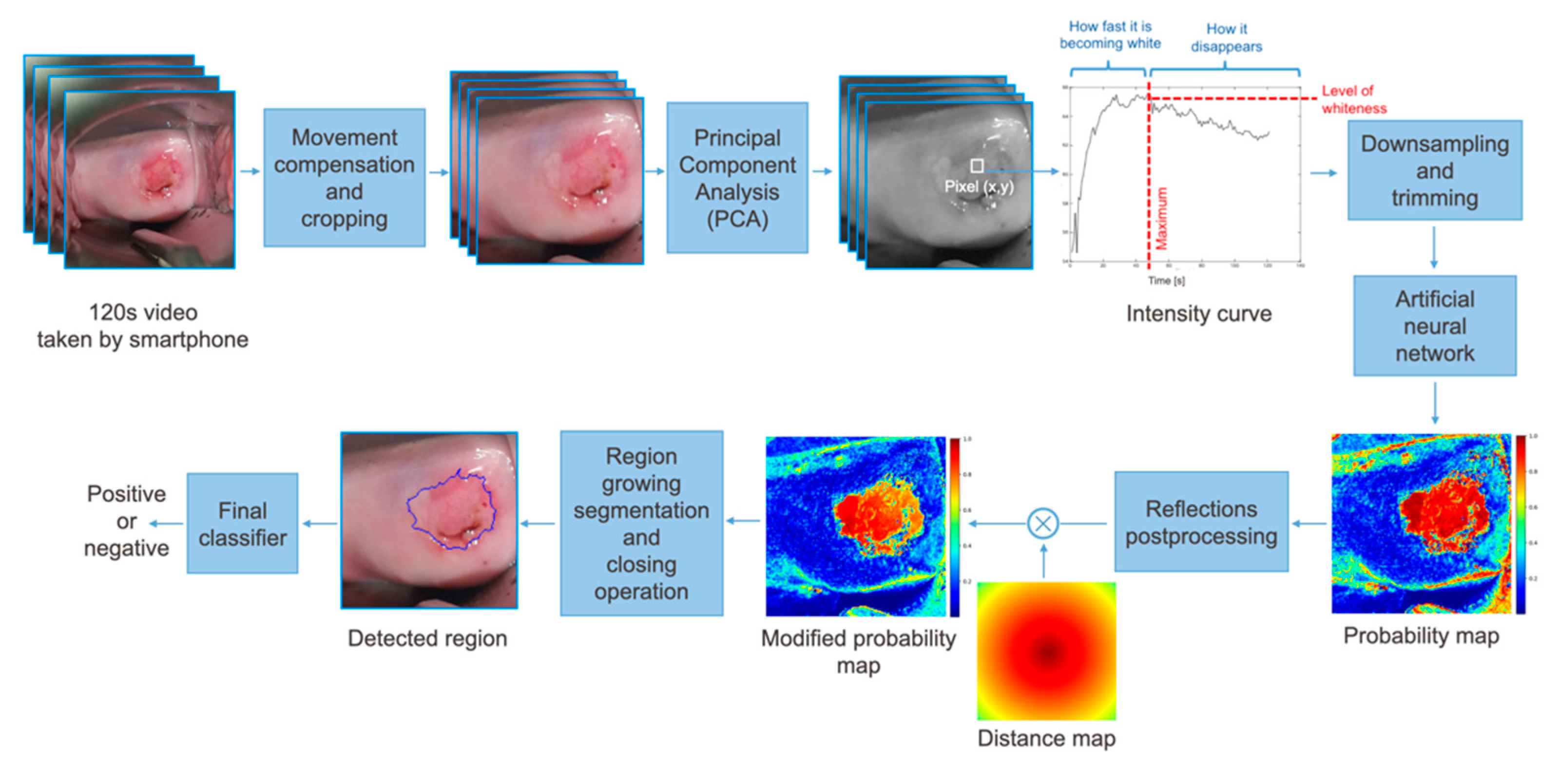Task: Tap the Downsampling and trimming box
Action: click(1434, 170)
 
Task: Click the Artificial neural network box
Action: click(1434, 325)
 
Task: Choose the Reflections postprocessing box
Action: click(1201, 522)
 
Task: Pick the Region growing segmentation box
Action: click(641, 522)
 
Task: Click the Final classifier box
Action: click(242, 523)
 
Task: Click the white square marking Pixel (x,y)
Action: click(976, 165)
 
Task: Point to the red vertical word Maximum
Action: click(1161, 218)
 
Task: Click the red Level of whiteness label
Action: click(1353, 99)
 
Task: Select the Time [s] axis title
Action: click(1166, 280)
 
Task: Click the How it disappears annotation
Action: click(1226, 37)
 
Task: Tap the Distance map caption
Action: click(1046, 738)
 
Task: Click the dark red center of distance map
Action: click(1047, 652)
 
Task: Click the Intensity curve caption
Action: click(1198, 313)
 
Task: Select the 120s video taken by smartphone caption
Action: click(143, 326)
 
